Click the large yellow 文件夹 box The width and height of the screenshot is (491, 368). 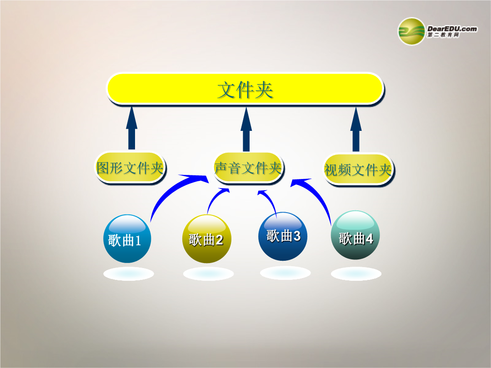tap(245, 89)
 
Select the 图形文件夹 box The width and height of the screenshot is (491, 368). tap(130, 168)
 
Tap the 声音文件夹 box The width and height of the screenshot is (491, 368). tap(248, 168)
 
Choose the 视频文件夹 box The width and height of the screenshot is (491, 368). tap(358, 169)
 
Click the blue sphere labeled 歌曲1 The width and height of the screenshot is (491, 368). tap(127, 239)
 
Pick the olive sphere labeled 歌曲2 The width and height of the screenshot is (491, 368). tap(207, 239)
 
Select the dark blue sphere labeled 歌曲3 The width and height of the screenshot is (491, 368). tap(283, 236)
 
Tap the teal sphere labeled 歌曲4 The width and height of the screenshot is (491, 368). tap(356, 235)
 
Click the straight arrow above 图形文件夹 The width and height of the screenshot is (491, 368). tap(131, 128)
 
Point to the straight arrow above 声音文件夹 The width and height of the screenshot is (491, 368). tap(246, 129)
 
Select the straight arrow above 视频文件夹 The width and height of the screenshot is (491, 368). tap(356, 129)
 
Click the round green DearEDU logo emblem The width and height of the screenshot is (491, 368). tap(411, 31)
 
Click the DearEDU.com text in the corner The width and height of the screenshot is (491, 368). tap(452, 29)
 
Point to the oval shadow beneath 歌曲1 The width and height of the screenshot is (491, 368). tap(128, 274)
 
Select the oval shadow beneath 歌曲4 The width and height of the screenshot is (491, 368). tap(356, 274)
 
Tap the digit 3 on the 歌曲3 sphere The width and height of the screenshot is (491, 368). tap(296, 236)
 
